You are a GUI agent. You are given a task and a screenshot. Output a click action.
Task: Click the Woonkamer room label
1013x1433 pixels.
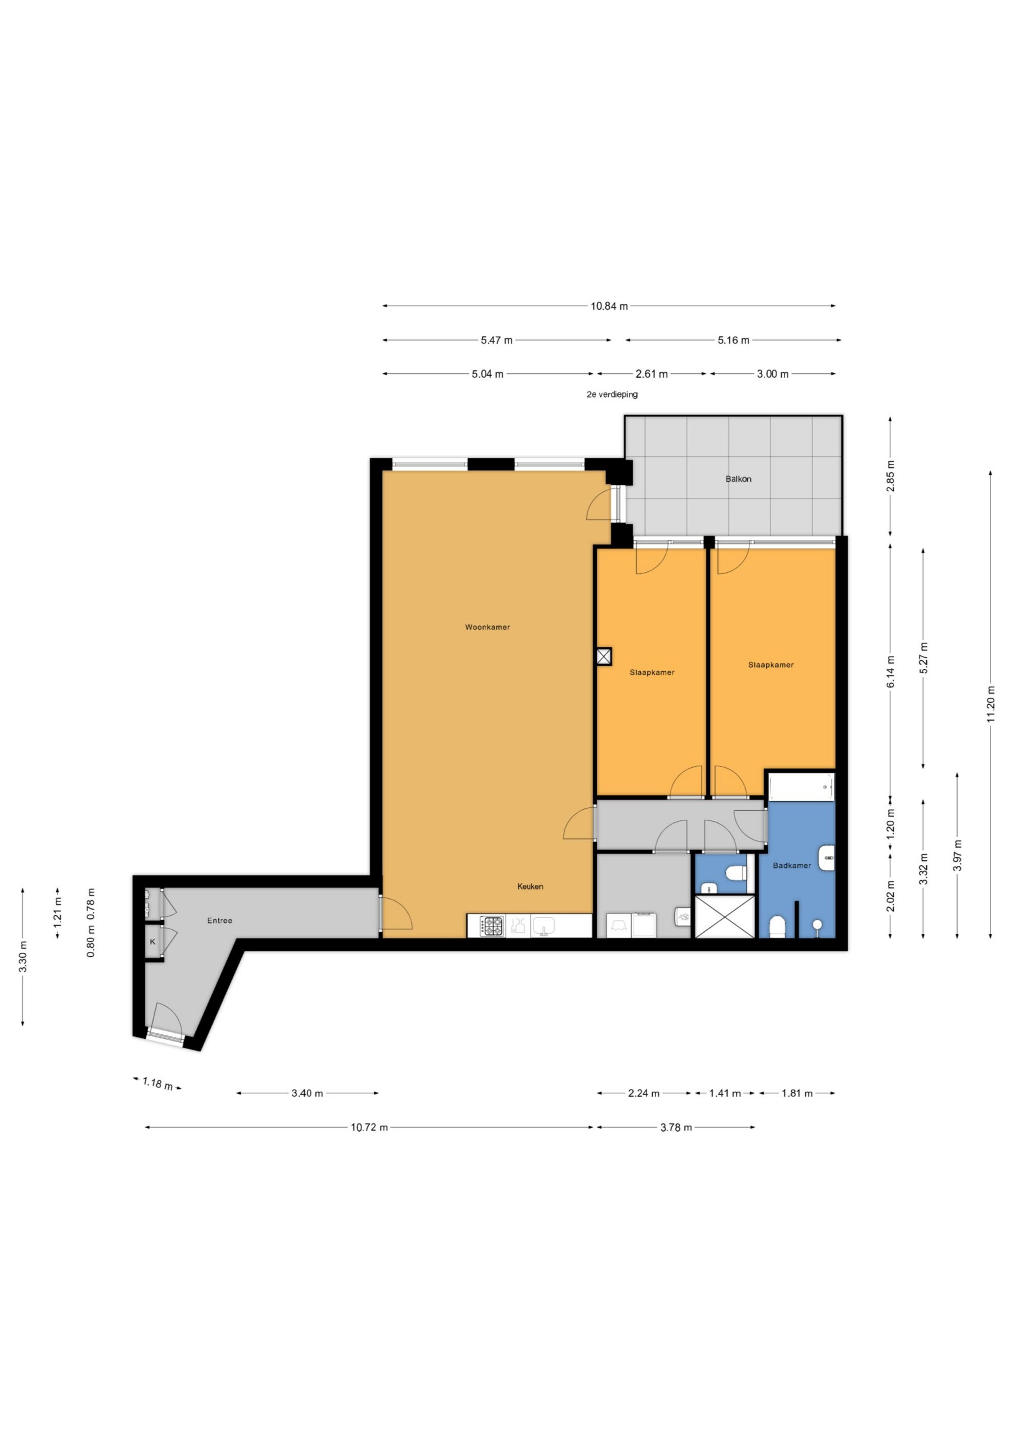click(x=487, y=627)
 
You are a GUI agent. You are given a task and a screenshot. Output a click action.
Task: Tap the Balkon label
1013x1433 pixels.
click(x=738, y=479)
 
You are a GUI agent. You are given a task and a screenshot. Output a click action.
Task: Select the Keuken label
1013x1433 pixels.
click(x=530, y=886)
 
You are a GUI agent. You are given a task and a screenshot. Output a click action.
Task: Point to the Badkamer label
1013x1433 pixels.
click(x=792, y=866)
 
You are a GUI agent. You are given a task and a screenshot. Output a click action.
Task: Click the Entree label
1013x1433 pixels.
click(x=220, y=921)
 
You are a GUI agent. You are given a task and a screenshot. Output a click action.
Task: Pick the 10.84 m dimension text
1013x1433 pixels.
click(x=609, y=306)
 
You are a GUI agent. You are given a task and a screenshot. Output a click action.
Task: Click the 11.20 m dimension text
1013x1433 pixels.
click(x=991, y=704)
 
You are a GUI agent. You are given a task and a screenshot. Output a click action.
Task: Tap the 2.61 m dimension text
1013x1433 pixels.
click(x=652, y=375)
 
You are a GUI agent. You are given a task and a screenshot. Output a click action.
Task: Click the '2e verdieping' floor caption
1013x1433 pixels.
click(x=612, y=395)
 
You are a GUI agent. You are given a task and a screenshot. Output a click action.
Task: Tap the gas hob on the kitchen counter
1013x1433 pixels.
click(x=492, y=926)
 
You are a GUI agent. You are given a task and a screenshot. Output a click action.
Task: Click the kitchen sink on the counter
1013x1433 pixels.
click(x=543, y=926)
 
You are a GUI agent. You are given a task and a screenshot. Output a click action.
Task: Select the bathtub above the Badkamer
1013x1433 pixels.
click(x=801, y=788)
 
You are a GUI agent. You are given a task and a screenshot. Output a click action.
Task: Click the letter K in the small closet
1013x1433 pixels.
click(x=153, y=942)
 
